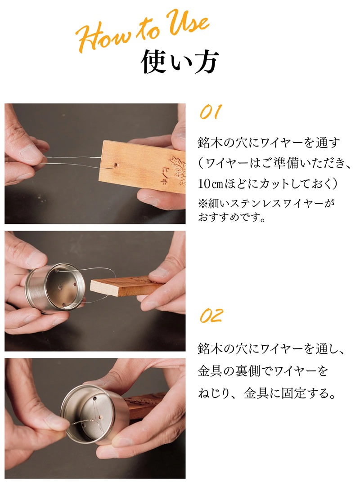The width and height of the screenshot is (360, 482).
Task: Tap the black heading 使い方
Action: pyautogui.click(x=180, y=61)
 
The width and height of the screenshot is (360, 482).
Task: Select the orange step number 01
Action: pyautogui.click(x=211, y=112)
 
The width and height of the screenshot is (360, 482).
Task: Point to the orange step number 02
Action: pyautogui.click(x=211, y=316)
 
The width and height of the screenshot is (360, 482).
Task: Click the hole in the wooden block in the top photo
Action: pyautogui.click(x=116, y=165)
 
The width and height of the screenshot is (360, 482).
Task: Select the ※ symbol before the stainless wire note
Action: pyautogui.click(x=203, y=203)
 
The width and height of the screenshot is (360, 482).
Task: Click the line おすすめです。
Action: pyautogui.click(x=231, y=218)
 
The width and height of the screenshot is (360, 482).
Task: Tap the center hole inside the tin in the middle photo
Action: pyautogui.click(x=60, y=288)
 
